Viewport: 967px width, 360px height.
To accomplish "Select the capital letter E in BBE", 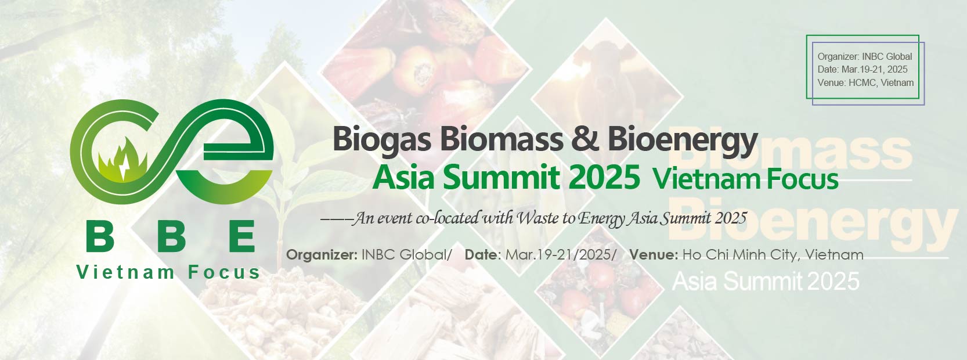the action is (241, 236).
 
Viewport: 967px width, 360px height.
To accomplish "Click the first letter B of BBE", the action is (100, 236).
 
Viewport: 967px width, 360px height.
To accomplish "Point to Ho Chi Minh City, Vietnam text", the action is (773, 255).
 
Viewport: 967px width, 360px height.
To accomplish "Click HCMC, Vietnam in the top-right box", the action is (881, 82).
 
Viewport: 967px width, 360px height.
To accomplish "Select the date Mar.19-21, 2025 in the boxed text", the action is (875, 70).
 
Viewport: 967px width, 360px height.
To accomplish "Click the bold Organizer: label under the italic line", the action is (322, 255).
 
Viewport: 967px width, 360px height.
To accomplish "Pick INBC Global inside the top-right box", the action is (887, 56).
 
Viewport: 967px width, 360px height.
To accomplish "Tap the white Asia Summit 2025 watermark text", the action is (766, 282).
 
